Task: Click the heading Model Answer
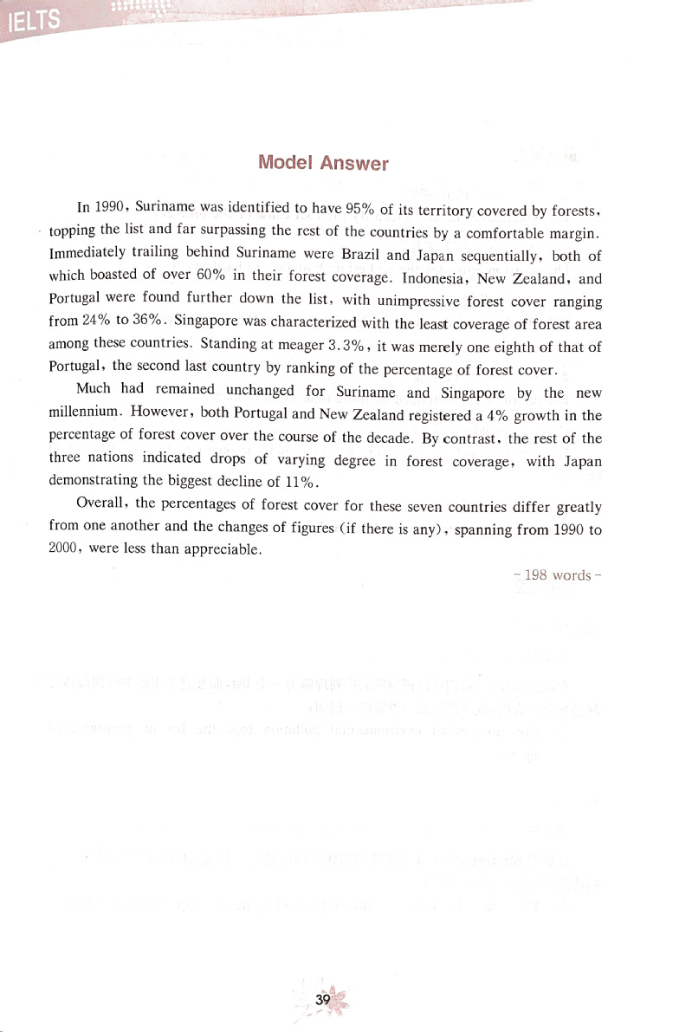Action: click(324, 163)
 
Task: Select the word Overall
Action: click(101, 505)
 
